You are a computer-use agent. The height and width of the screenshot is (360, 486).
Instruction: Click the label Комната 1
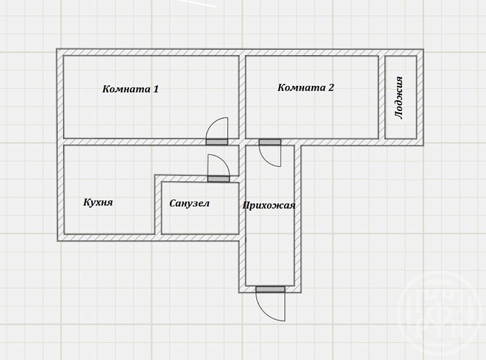130,89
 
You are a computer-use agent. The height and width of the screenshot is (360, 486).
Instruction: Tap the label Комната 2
305,88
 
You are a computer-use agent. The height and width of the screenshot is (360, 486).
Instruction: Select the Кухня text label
98,202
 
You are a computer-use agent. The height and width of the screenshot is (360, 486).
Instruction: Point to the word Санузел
190,203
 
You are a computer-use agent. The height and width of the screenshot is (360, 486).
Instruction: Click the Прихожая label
269,205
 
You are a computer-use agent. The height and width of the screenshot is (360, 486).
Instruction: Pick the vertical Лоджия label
399,97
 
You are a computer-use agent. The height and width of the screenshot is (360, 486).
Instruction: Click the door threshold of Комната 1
217,142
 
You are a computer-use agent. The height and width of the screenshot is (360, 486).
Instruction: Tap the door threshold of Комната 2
270,142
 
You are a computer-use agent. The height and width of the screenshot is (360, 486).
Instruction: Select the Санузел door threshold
218,179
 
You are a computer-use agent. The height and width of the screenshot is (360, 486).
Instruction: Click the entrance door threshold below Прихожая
270,290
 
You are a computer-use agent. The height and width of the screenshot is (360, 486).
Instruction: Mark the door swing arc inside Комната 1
212,124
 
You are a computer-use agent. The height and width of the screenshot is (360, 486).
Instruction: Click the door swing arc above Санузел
224,161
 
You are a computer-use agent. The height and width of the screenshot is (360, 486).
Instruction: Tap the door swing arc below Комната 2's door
265,161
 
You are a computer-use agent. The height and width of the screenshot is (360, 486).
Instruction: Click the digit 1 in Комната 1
156,89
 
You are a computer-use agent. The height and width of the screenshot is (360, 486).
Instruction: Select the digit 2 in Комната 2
331,88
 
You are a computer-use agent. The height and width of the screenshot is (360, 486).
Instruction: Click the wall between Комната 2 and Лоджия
382,97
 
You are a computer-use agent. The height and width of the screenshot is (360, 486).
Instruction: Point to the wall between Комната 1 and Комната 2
242,97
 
